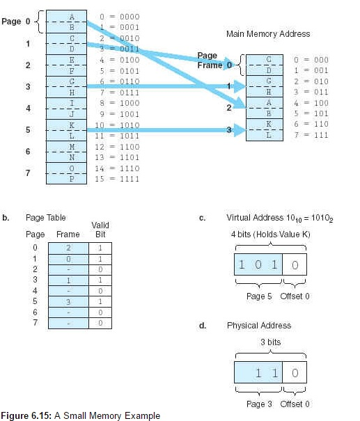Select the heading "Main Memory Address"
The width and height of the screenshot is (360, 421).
click(268, 34)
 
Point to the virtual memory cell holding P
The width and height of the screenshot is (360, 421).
click(67, 179)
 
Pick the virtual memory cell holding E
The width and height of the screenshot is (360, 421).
click(67, 60)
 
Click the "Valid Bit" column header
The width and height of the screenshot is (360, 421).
click(100, 230)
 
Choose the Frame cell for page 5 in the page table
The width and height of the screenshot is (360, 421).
click(68, 302)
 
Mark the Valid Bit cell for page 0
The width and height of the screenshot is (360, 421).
click(100, 248)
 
